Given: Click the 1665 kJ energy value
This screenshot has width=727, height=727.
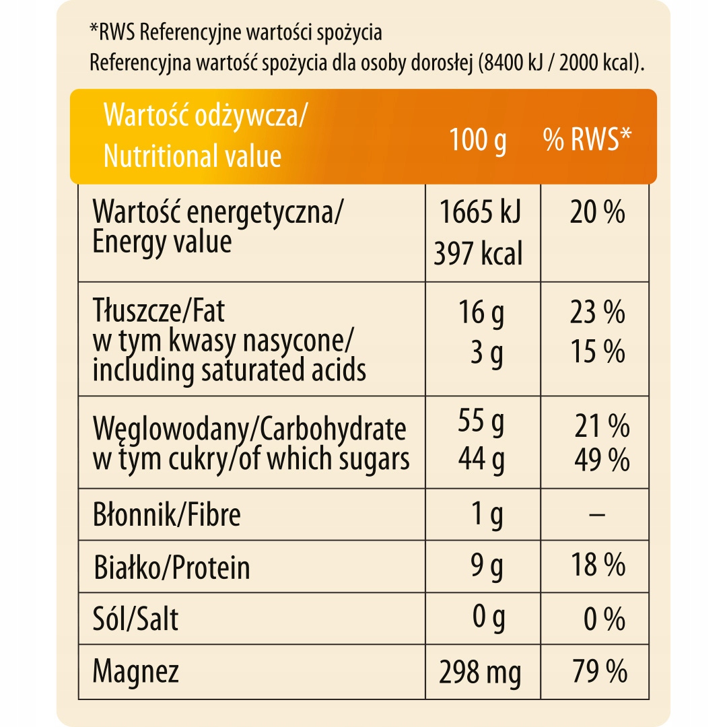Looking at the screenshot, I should (x=479, y=213).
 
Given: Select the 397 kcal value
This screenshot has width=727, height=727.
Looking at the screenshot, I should (x=478, y=254).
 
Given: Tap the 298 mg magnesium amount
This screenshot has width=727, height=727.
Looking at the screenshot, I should (x=480, y=672).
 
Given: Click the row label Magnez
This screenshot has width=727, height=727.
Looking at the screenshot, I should (x=136, y=671).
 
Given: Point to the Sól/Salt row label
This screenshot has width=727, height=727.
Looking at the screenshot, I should (x=136, y=619).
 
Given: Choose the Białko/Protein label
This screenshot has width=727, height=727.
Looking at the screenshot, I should (x=172, y=567).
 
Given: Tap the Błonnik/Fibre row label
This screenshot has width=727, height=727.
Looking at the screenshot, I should (x=167, y=515).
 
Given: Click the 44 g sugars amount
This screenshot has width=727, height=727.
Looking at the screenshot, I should (x=481, y=460).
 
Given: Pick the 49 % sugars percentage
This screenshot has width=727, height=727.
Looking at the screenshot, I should (x=602, y=460).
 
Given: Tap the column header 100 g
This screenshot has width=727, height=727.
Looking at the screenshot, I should (x=478, y=141).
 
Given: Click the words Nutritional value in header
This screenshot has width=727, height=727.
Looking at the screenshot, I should (x=193, y=155).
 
